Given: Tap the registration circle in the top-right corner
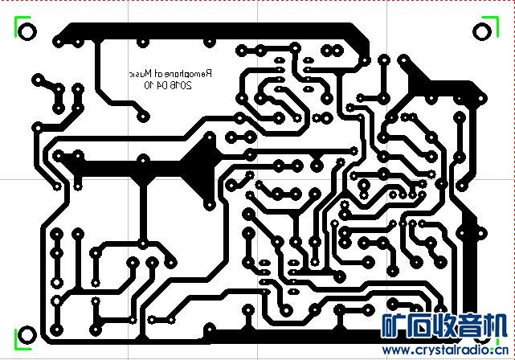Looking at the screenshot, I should [482, 31].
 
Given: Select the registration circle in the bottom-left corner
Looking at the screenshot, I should [25, 335].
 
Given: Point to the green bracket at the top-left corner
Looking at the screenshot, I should [16, 27].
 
